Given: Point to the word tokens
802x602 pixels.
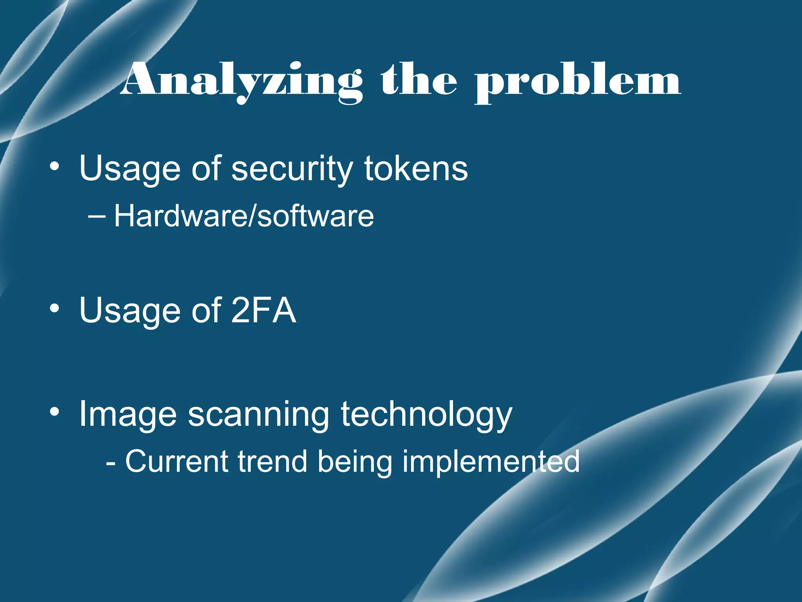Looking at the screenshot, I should (x=416, y=168).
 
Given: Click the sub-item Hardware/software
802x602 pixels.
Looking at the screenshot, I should (x=244, y=216).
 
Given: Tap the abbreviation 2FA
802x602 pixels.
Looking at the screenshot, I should (x=263, y=310).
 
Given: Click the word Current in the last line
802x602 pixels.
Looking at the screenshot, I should (x=177, y=462).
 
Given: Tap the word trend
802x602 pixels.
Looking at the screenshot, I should (x=272, y=462).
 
